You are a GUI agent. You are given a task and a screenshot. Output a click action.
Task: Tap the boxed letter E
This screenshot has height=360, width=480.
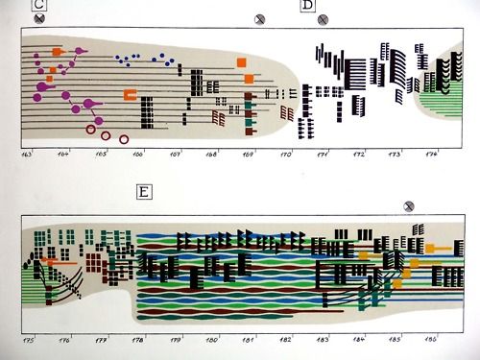click(143, 192)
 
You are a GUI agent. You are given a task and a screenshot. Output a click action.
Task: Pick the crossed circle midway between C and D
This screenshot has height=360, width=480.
click(258, 18)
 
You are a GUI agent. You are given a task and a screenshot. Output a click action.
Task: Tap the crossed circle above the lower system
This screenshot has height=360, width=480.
click(409, 204)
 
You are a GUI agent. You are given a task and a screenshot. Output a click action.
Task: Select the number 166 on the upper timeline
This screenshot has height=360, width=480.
click(137, 154)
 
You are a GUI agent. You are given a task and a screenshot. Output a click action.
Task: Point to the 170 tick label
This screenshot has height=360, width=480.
click(285, 154)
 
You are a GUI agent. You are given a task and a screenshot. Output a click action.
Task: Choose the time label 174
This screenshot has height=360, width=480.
click(431, 154)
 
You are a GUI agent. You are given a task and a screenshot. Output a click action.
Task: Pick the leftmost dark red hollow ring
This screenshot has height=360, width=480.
click(91, 129)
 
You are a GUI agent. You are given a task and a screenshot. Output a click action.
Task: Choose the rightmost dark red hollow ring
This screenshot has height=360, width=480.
click(124, 139)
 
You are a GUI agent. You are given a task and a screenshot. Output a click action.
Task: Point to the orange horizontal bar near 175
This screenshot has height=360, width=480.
click(60, 259)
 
